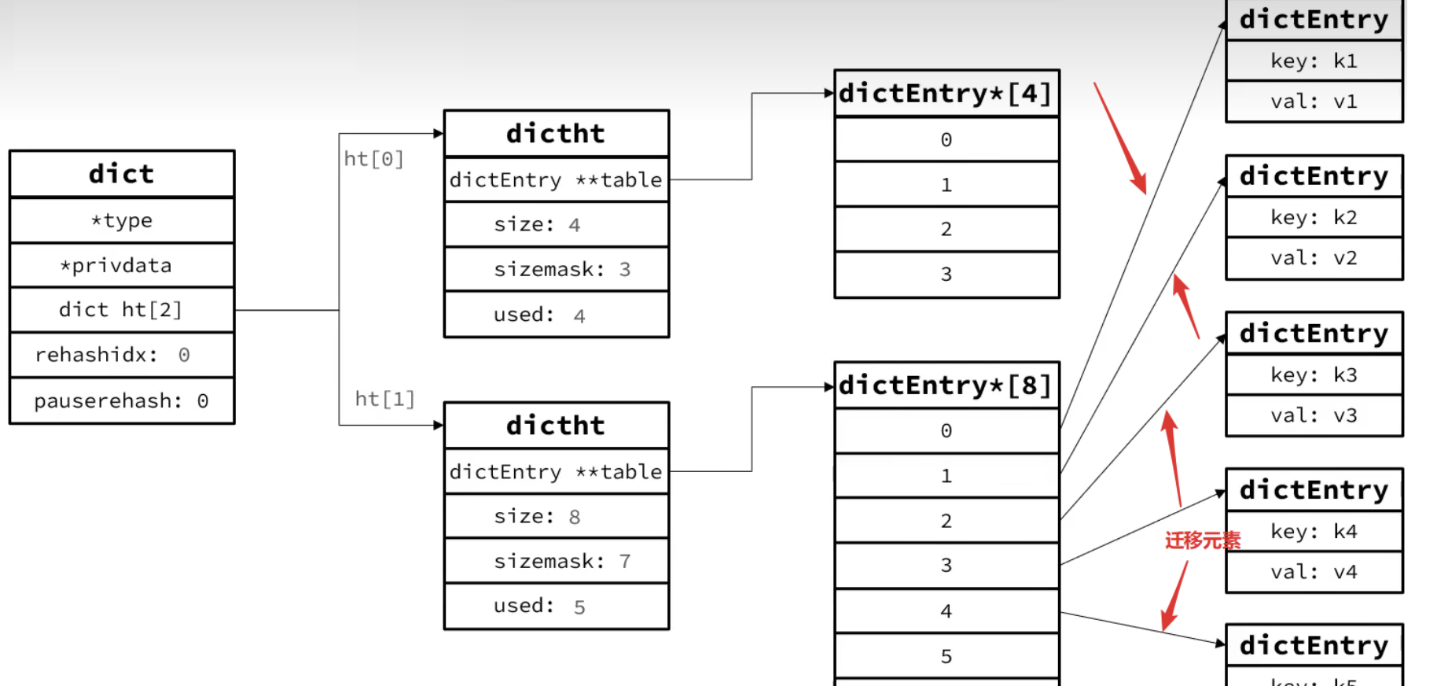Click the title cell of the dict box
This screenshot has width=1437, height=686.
tap(122, 174)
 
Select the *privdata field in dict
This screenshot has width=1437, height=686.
tap(122, 265)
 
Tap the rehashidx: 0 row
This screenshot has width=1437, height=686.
tap(122, 355)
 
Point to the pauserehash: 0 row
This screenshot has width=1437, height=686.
tap(122, 400)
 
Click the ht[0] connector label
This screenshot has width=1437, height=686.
tap(373, 159)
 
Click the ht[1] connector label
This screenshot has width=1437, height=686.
tap(384, 399)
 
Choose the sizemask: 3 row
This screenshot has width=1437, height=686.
tap(557, 269)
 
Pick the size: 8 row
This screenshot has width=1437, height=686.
tap(557, 516)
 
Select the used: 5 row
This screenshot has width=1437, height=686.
tap(557, 606)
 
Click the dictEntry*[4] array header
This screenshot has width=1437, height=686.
tap(946, 94)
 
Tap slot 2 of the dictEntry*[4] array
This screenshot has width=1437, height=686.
tap(946, 229)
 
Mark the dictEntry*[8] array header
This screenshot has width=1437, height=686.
tap(946, 385)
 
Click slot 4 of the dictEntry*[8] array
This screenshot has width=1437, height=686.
tap(946, 610)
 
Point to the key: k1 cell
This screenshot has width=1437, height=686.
tap(1314, 61)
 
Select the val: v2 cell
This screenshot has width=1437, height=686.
tap(1314, 258)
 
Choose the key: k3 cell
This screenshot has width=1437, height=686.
tap(1314, 374)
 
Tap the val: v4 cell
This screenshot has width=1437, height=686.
tap(1314, 572)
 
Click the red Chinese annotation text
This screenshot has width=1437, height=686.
tap(1202, 540)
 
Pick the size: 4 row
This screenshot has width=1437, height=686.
tap(557, 224)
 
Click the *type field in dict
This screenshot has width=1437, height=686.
tap(122, 220)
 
